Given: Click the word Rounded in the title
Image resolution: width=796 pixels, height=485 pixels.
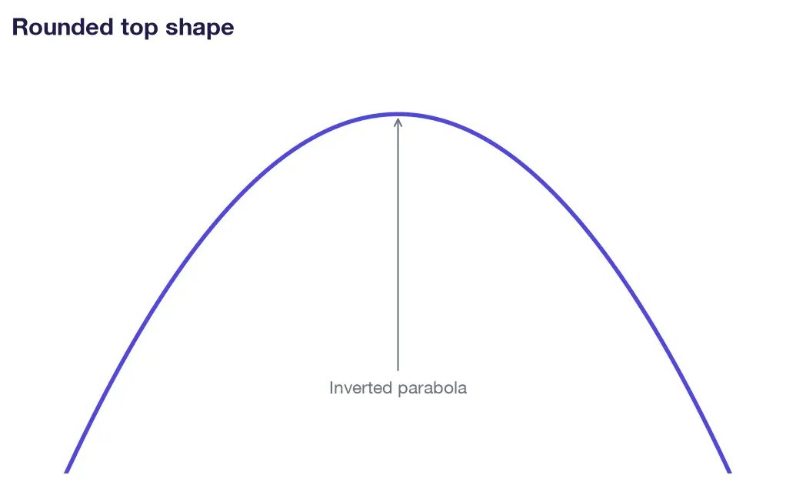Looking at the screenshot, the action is pos(62,27).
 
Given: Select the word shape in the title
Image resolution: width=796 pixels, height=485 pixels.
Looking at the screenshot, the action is pos(199,28).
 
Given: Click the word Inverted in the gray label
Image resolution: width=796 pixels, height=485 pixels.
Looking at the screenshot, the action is pos(361,388).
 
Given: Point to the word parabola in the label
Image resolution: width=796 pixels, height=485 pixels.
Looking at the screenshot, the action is pos(432,389).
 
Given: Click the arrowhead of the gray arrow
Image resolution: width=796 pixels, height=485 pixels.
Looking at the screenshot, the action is pos(398,122).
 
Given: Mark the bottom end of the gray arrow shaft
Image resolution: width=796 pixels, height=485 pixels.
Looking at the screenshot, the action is pos(398,370).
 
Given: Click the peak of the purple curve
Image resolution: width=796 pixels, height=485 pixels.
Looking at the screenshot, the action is pos(398,115).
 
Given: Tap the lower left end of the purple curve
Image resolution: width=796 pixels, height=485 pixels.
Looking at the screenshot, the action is pos(66,472).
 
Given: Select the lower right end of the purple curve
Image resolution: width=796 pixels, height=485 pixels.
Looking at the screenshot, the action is pos(730,472).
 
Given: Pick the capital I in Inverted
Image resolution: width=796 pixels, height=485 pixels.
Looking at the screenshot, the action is pos(331,388).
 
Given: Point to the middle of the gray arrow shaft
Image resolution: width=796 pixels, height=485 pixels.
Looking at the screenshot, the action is pos(398,245).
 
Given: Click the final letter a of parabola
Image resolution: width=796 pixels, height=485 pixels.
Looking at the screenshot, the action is pos(462,390).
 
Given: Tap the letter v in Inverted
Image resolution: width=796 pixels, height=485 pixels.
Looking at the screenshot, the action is pos(347,390).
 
